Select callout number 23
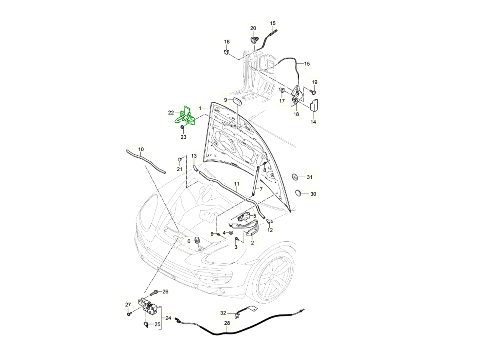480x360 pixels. (x=183, y=137)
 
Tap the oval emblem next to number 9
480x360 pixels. (x=236, y=100)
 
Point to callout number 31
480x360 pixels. (x=310, y=176)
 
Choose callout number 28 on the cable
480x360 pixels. (x=227, y=323)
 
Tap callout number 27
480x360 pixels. (x=128, y=305)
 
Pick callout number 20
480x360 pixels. (x=253, y=28)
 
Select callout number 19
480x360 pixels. (x=314, y=82)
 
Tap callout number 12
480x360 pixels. (x=270, y=230)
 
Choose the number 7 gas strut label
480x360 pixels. (x=261, y=189)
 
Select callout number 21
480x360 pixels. (x=180, y=169)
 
